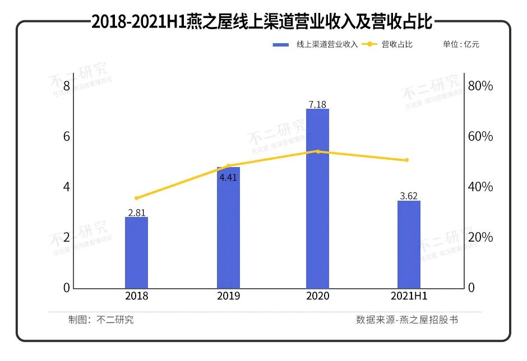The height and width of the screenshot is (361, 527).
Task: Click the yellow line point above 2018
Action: pos(136,198)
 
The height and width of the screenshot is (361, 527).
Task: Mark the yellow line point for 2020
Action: pos(318,151)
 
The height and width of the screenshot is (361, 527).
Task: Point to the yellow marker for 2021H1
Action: pos(407,160)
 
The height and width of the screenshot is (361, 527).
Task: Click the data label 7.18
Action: pos(317,104)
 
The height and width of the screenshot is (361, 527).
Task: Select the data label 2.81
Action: pos(137,212)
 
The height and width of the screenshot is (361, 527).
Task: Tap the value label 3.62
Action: pos(409,196)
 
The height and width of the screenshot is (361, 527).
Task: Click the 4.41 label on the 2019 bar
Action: pos(228,178)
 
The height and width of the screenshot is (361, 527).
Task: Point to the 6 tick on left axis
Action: pos(67,137)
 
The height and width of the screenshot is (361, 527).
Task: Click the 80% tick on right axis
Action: pos(480,86)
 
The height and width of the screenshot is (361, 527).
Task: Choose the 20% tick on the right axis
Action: pos(480,237)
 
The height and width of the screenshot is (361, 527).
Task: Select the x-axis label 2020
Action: pos(318,296)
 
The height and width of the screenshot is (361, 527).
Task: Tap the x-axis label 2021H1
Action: pos(409,296)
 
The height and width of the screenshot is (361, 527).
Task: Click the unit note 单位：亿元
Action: pos(461,44)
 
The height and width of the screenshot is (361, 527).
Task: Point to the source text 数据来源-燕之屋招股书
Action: pos(407,320)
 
